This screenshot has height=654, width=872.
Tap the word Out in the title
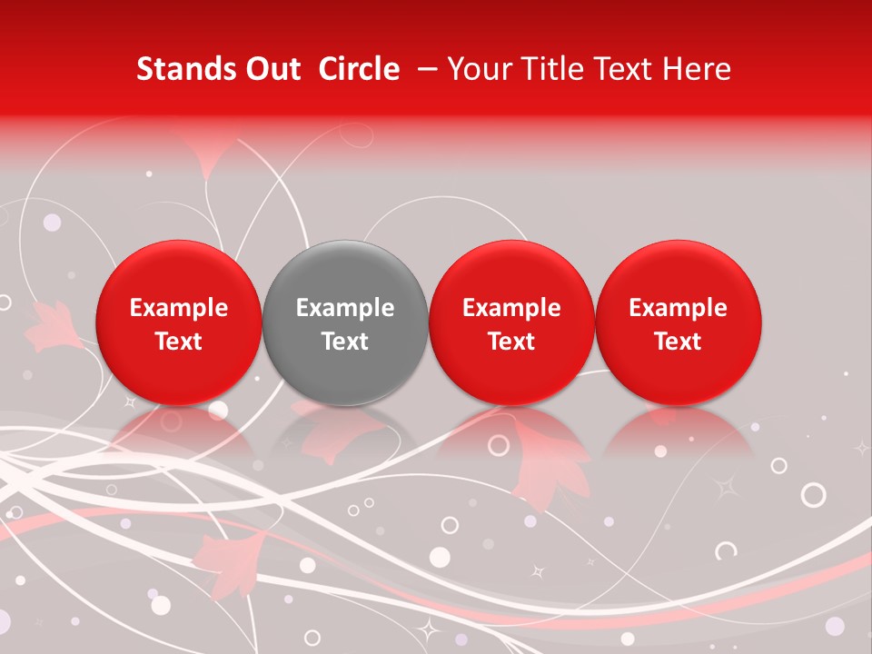pos(272,69)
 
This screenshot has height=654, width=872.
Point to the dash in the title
pos(426,69)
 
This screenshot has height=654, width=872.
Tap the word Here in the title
pos(698,69)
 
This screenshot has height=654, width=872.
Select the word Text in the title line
pos(620,69)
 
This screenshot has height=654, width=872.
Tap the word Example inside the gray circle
pos(345,308)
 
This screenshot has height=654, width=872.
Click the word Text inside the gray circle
pos(345,342)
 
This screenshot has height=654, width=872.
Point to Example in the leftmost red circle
pos(178,308)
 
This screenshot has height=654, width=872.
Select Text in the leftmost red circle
pos(178,342)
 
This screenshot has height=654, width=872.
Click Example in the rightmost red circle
pos(679,308)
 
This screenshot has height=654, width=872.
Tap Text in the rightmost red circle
pos(679,342)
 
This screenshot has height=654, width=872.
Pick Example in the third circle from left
pos(511,308)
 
